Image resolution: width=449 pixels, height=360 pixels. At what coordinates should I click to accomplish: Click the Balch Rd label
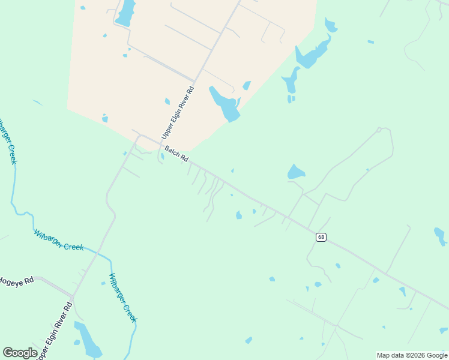pyautogui.click(x=176, y=154)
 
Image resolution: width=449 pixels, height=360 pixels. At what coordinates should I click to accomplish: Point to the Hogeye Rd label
pyautogui.click(x=14, y=281)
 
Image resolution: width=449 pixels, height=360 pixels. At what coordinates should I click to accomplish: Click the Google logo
pyautogui.click(x=20, y=352)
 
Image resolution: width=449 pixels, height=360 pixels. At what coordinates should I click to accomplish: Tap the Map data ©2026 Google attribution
pyautogui.click(x=412, y=355)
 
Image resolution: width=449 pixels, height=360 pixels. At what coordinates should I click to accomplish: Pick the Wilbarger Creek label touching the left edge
pyautogui.click(x=5, y=140)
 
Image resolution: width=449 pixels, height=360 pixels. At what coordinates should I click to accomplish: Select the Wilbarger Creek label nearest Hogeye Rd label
pyautogui.click(x=58, y=240)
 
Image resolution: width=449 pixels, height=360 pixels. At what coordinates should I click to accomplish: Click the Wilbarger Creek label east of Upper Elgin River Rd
pyautogui.click(x=122, y=298)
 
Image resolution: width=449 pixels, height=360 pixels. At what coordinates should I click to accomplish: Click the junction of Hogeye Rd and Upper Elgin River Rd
pyautogui.click(x=72, y=297)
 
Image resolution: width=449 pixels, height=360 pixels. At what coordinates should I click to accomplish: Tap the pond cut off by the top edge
pyautogui.click(x=125, y=13)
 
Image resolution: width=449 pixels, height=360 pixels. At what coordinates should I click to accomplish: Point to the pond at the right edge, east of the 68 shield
pyautogui.click(x=441, y=236)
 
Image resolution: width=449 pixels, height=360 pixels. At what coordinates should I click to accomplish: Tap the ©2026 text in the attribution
pyautogui.click(x=409, y=355)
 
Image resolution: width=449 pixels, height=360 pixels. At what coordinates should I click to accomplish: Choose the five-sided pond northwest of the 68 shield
pyautogui.click(x=296, y=172)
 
